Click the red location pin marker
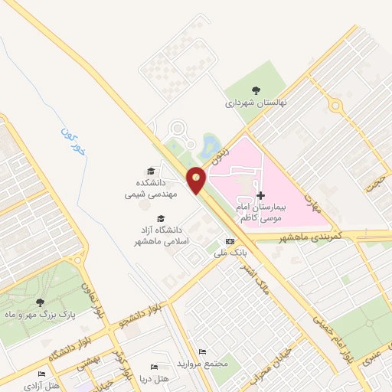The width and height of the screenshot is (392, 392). pyautogui.click(x=197, y=178)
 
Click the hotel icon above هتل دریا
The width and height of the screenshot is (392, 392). pyautogui.click(x=155, y=367)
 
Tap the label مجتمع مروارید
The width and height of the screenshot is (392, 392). pyautogui.click(x=202, y=363)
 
